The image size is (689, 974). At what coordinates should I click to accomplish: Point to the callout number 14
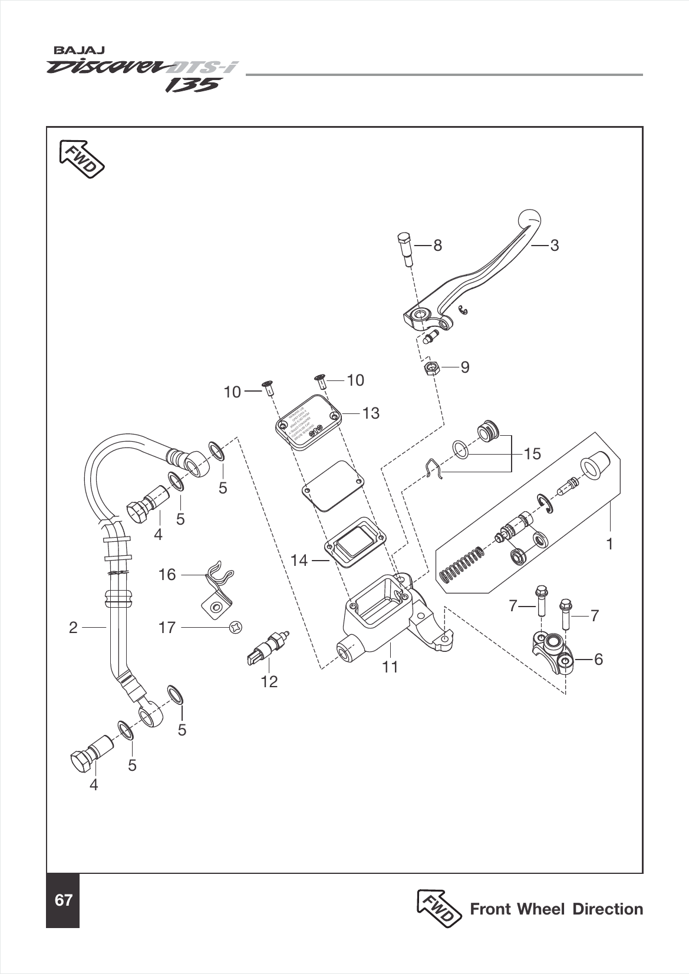[x=299, y=560]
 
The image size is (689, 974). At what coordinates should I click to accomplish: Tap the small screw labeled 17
[x=235, y=628]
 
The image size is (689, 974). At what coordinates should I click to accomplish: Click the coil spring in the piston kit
[x=463, y=564]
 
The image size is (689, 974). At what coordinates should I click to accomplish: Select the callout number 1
[x=610, y=544]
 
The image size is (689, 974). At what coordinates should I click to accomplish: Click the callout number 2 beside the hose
[x=73, y=628]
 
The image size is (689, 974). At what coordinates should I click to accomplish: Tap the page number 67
[x=63, y=900]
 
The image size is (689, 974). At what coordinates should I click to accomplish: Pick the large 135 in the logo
[x=192, y=86]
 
